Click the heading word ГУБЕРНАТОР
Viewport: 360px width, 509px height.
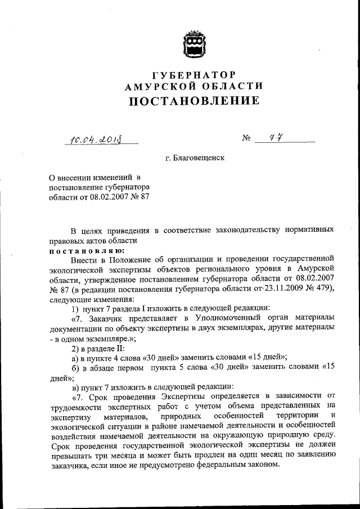[194, 74]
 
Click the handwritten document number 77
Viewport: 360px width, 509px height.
[275, 137]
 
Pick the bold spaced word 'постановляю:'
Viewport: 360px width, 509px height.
[82, 250]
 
